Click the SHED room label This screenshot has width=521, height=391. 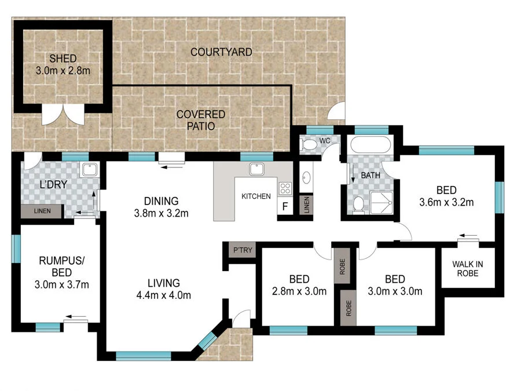click(63, 59)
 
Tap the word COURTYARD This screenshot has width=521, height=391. click(221, 52)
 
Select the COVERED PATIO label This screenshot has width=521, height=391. click(201, 120)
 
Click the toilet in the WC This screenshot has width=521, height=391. click(309, 145)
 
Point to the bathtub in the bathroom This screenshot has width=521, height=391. click(370, 145)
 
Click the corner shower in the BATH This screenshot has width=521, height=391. click(381, 203)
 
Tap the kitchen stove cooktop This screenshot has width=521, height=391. click(285, 188)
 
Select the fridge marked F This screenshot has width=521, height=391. click(285, 206)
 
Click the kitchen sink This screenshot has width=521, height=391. click(256, 169)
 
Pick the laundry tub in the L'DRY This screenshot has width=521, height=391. click(90, 170)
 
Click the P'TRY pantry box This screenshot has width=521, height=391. click(243, 250)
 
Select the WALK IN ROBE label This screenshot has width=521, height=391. click(468, 269)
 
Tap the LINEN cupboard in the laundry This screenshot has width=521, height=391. click(42, 211)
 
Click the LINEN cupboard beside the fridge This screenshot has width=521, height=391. click(306, 204)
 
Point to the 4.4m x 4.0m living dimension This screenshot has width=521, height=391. click(163, 295)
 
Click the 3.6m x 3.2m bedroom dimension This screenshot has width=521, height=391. click(446, 202)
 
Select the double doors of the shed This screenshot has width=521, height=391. click(63, 114)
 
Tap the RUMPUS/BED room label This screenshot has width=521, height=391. click(62, 266)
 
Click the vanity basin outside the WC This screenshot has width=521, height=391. click(306, 178)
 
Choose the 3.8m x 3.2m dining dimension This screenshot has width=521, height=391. click(161, 213)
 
